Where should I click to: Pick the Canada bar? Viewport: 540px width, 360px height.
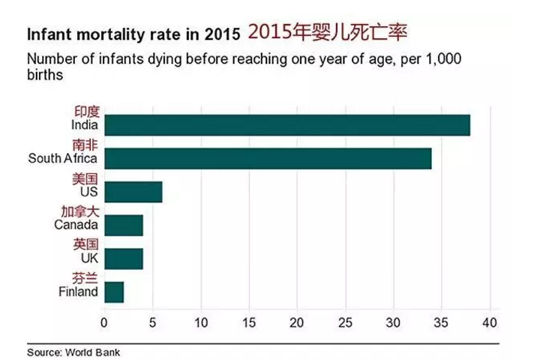[124, 225]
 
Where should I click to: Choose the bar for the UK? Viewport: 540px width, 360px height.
[124, 259]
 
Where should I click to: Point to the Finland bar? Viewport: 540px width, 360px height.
[114, 292]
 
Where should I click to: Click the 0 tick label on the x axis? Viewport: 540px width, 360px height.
[104, 323]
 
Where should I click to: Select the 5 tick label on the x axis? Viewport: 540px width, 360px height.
[153, 323]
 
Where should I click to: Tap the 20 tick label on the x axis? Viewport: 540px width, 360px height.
[298, 323]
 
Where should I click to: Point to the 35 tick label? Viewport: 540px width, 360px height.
[442, 323]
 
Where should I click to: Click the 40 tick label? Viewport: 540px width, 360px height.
[490, 323]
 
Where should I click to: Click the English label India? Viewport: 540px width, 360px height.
[85, 125]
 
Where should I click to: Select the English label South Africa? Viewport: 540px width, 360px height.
[63, 158]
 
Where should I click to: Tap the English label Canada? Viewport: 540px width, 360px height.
[76, 224]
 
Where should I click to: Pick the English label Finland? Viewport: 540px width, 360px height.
[78, 291]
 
